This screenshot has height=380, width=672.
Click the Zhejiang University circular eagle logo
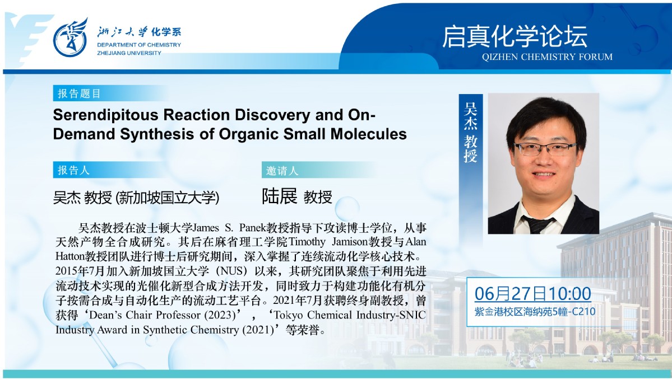pos(71,38)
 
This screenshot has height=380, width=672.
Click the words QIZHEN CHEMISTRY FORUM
pos(547,57)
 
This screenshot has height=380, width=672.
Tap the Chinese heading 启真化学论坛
pos(515,37)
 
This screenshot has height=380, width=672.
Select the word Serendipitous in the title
pos(106,115)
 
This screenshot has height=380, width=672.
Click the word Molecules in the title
pos(369,134)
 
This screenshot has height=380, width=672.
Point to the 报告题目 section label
pos(79,93)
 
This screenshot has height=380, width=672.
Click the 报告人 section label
pos(74,170)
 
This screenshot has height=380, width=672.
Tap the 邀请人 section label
pos(282,171)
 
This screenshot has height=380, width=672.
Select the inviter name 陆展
pos(280,196)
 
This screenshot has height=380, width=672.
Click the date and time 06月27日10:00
pos(532,294)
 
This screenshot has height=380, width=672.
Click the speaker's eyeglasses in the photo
pos(545,148)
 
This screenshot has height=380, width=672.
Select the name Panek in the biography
pos(253,227)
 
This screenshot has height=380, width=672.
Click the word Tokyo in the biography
pos(289,315)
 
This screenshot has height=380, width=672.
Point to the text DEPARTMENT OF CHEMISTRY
pos(139,45)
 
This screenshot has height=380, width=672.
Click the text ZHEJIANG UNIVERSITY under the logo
pos(129,53)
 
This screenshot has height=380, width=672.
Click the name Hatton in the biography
pos(70,256)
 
